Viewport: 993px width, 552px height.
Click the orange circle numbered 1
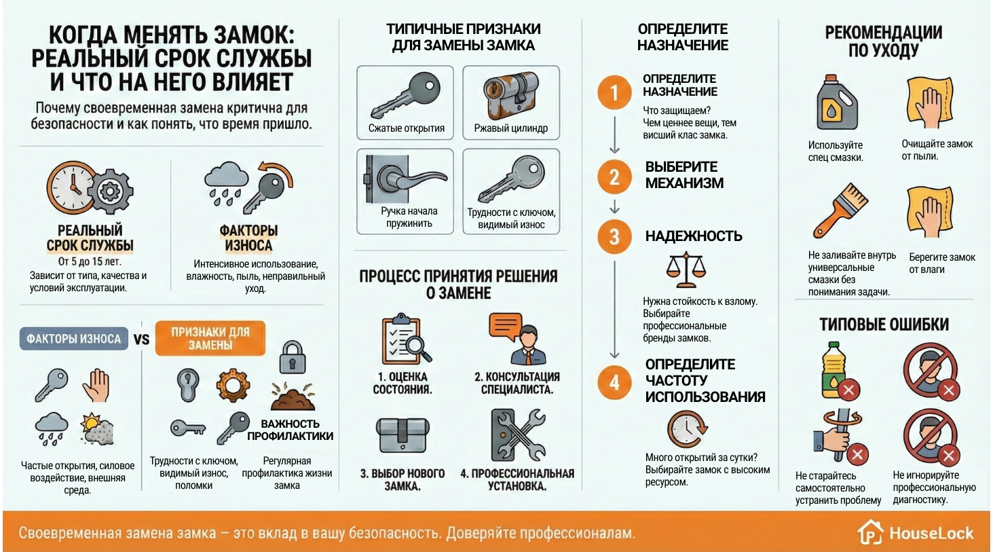click(x=614, y=92)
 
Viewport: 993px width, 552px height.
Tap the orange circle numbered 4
click(x=614, y=382)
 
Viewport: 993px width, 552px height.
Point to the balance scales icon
click(x=686, y=270)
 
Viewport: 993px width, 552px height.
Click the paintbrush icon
click(x=840, y=210)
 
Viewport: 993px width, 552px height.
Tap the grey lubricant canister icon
click(x=836, y=103)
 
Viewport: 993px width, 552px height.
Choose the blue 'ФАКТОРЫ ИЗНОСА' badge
click(x=73, y=339)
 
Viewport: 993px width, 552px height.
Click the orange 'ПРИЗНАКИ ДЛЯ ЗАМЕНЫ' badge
click(x=210, y=338)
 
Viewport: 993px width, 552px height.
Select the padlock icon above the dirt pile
click(x=292, y=357)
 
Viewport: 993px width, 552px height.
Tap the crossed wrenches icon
click(x=518, y=435)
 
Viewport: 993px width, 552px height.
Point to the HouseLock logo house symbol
click(x=869, y=532)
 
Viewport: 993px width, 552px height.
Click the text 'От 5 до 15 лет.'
click(x=90, y=261)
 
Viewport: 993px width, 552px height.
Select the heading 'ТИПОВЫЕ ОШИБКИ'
click(x=884, y=325)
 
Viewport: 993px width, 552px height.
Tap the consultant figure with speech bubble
click(x=518, y=338)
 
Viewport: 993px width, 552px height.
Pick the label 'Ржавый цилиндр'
click(x=510, y=128)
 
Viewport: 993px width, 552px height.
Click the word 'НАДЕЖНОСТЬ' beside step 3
click(x=693, y=236)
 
